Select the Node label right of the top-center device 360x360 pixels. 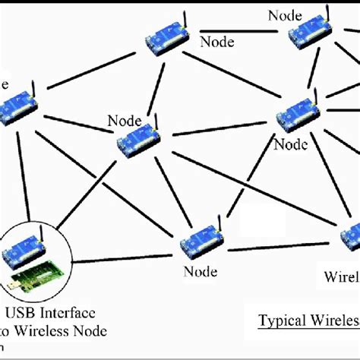click(x=216, y=42)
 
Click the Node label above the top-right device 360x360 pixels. click(x=285, y=14)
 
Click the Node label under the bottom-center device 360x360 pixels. click(x=199, y=271)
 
